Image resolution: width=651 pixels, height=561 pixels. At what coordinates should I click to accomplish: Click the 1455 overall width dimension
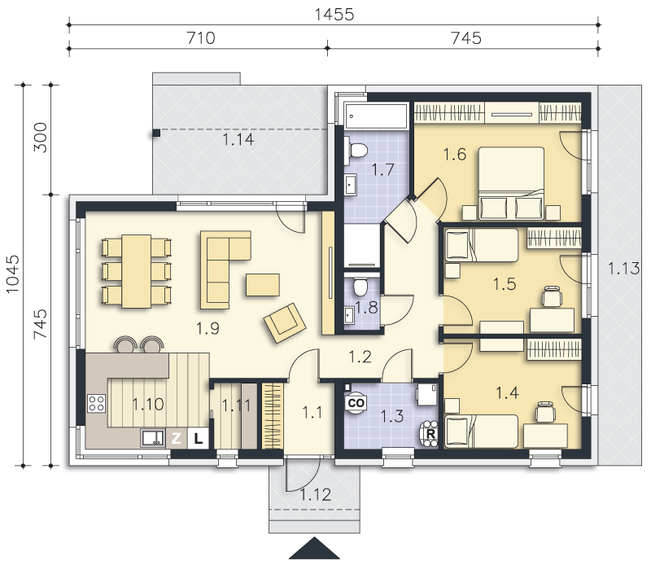[x=334, y=15]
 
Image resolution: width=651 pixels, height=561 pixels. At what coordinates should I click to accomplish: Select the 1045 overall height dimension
[x=12, y=274]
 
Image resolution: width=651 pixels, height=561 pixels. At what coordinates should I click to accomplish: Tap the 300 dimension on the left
[x=40, y=137]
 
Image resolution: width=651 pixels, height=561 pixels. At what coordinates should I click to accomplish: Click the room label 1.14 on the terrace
[x=238, y=139]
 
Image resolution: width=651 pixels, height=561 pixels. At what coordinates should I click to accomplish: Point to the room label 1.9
[x=208, y=328]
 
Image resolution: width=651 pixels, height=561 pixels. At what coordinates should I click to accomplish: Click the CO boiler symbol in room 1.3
[x=356, y=403]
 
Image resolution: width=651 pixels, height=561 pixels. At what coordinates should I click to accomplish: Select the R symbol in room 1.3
[x=430, y=434]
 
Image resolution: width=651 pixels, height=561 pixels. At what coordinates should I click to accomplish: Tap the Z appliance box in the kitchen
[x=177, y=438]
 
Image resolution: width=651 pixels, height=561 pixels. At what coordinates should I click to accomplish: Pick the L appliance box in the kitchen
[x=198, y=438]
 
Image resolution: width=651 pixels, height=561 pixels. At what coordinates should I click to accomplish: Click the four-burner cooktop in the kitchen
[x=96, y=403]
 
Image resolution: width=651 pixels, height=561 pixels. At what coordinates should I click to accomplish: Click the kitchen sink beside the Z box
[x=153, y=438]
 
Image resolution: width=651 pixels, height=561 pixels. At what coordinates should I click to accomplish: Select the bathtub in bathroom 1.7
[x=376, y=116]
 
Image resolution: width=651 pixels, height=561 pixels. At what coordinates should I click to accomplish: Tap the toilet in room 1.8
[x=359, y=286]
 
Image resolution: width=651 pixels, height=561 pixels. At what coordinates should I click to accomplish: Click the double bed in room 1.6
[x=511, y=183]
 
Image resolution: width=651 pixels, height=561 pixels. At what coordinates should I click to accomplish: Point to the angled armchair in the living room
[x=285, y=322]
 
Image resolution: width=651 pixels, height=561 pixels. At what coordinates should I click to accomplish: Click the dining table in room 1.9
[x=136, y=271]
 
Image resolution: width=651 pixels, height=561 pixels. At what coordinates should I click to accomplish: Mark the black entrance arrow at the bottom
[x=314, y=548]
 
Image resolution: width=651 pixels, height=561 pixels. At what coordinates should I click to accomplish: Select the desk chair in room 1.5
[x=553, y=296]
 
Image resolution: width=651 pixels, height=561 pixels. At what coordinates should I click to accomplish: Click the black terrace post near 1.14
[x=156, y=133]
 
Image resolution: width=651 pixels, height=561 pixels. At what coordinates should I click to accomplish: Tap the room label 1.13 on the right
[x=623, y=269]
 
